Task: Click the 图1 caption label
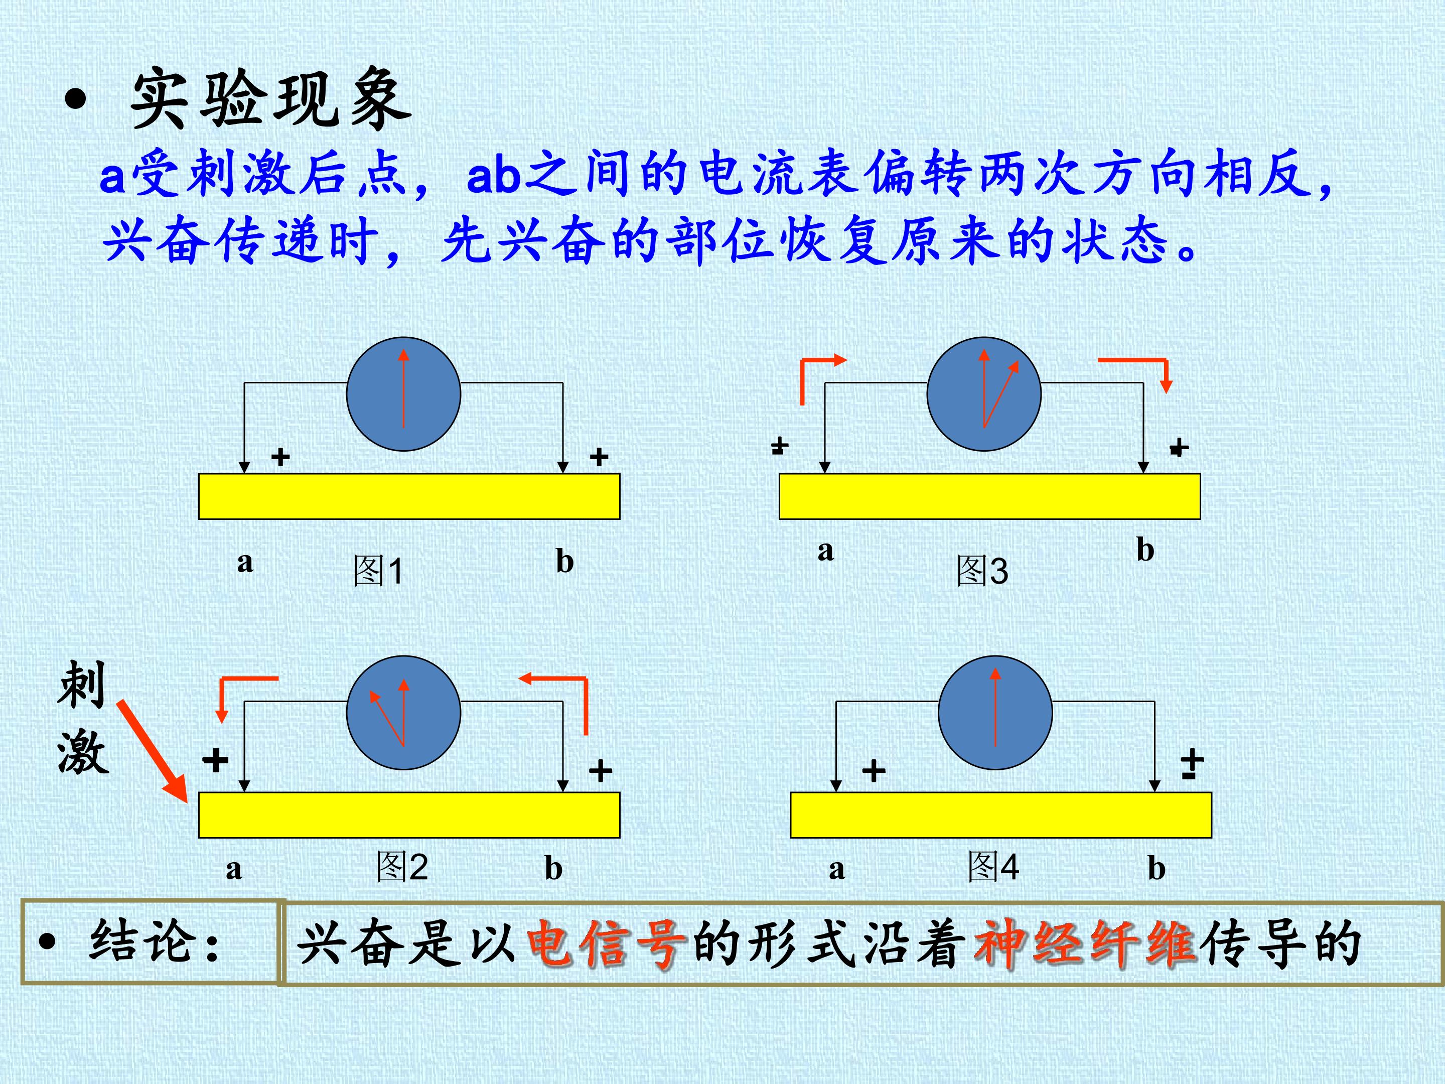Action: pyautogui.click(x=378, y=571)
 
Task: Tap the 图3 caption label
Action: pyautogui.click(x=982, y=571)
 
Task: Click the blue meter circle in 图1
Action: pyautogui.click(x=404, y=394)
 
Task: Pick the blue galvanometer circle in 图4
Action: pyautogui.click(x=995, y=713)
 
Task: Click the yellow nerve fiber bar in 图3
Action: pyautogui.click(x=990, y=497)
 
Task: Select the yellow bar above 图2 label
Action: pyautogui.click(x=409, y=815)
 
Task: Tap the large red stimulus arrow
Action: pyautogui.click(x=153, y=751)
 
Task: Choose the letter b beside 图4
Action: pyautogui.click(x=1157, y=868)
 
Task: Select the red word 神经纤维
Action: pyautogui.click(x=1084, y=943)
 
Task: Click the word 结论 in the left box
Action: pyautogui.click(x=142, y=941)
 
